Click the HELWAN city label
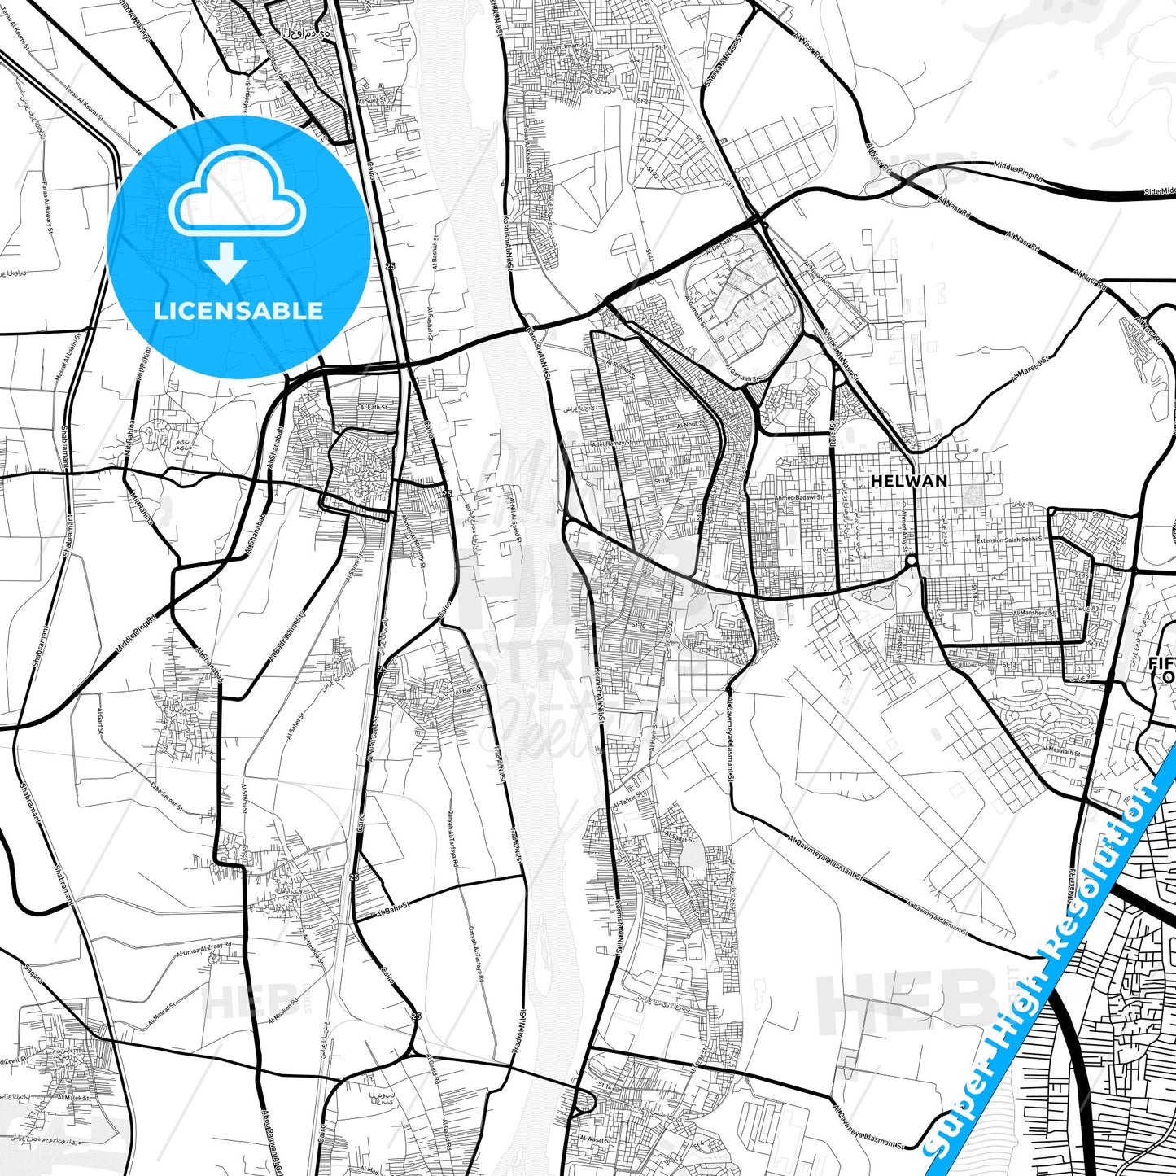[909, 481]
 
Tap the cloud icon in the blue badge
[238, 203]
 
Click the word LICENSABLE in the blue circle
[238, 310]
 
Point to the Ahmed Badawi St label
[798, 497]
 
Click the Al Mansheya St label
[1034, 614]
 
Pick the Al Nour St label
[689, 425]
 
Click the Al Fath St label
[374, 406]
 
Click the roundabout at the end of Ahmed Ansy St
[912, 561]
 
